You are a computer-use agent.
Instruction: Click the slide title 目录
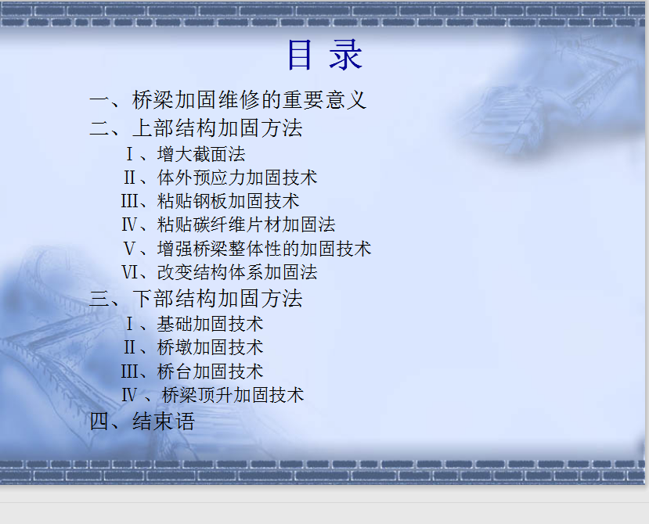point(326,55)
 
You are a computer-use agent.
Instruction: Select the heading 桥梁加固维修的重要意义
point(249,100)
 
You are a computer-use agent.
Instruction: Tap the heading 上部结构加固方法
point(218,127)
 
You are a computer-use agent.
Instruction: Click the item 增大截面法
point(201,154)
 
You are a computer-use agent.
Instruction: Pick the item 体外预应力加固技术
point(237,178)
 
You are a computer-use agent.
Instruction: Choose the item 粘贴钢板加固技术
point(228,202)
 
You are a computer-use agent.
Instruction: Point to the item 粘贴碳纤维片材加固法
point(246,225)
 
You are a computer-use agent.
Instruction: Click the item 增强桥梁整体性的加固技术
point(264,249)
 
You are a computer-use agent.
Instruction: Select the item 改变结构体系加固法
point(237,272)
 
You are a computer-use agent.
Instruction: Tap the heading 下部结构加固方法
point(218,299)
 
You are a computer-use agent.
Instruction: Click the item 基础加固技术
point(211,324)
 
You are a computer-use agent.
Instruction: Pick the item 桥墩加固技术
point(211,347)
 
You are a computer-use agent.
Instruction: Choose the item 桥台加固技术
point(211,371)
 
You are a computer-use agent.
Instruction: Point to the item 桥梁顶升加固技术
point(233,395)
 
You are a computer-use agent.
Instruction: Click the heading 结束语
point(164,422)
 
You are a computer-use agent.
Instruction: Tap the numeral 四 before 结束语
point(99,422)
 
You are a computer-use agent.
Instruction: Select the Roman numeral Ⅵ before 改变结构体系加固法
point(129,272)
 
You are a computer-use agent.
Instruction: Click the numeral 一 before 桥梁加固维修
point(99,101)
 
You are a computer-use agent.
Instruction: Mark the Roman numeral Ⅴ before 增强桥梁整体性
point(129,249)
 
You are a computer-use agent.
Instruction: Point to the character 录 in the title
point(346,55)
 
